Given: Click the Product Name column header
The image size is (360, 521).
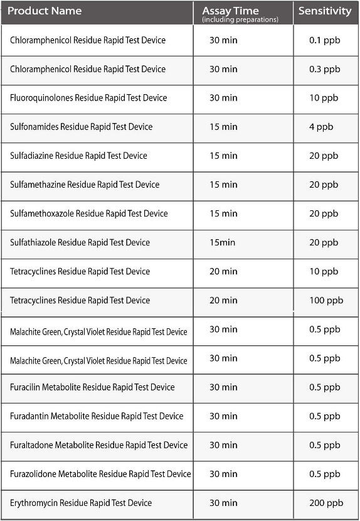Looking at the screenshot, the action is [x=44, y=11].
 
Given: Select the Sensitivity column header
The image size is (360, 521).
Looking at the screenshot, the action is [x=325, y=11].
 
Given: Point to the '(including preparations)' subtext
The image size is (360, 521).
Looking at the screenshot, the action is [x=240, y=19].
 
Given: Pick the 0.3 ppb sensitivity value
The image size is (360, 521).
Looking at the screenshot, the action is [x=324, y=69].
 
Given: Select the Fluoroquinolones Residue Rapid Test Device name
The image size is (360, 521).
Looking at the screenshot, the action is [x=88, y=98].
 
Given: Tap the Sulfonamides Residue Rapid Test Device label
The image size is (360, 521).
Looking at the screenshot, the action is [x=81, y=127].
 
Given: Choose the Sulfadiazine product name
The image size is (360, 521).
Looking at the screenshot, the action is [x=78, y=156].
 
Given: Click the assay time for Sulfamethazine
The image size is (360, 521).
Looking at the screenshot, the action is [x=223, y=185].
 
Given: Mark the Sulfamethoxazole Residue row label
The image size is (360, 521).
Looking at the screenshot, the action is [x=88, y=213].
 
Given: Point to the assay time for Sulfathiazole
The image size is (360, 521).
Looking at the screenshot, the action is [x=222, y=242].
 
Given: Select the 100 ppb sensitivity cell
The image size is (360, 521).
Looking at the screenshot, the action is [x=326, y=301].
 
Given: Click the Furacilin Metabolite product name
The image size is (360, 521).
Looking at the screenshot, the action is [x=92, y=387].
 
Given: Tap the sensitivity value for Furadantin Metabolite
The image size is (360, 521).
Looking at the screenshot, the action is [x=324, y=416].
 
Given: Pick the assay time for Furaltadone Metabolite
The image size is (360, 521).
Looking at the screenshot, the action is [x=223, y=445].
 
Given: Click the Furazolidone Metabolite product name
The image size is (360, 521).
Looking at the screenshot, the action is [x=100, y=474].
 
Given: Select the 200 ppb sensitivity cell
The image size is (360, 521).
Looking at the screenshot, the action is [x=326, y=503].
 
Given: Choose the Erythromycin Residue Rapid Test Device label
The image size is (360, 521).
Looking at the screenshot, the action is [x=81, y=503].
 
